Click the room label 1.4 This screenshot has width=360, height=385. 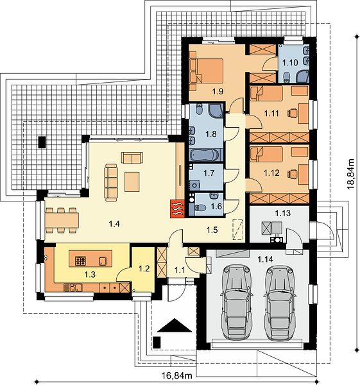point(114,224)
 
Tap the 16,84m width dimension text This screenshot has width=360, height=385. point(176,375)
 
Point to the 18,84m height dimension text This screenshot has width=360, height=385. point(350,174)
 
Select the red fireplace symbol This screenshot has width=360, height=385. point(177,209)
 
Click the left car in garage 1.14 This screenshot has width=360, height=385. point(237,302)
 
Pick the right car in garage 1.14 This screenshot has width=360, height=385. point(280,302)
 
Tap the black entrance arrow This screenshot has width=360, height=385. point(175,325)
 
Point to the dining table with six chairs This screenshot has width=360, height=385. point(62,220)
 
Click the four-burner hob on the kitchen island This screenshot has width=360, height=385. point(80,261)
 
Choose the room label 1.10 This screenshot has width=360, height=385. point(290,62)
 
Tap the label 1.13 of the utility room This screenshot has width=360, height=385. point(282,213)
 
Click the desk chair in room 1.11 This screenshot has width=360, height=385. point(292,113)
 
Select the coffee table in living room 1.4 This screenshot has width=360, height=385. point(132,182)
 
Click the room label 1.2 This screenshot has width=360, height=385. point(144,268)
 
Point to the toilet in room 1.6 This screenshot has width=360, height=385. point(200,208)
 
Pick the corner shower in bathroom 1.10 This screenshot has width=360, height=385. point(302,76)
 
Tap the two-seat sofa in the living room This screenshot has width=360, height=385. point(132,158)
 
